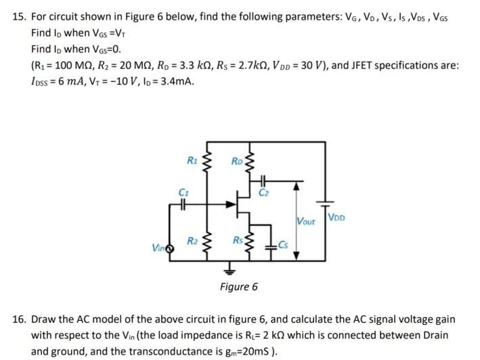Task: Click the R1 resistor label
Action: pos(192,160)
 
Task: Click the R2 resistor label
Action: pos(192,241)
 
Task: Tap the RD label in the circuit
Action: pos(236,160)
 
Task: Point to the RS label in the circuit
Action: pos(238,241)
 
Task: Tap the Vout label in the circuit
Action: pos(306,221)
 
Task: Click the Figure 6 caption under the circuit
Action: pos(238,287)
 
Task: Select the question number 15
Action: pos(20,14)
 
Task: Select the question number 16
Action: pos(20,319)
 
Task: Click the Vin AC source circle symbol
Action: pos(170,249)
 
